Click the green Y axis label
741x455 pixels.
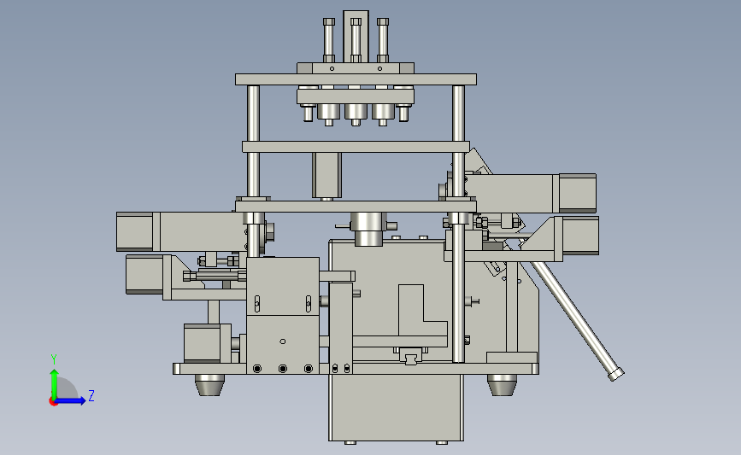pyautogui.click(x=54, y=359)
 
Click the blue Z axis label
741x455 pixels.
pyautogui.click(x=91, y=395)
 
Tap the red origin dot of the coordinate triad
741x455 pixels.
pyautogui.click(x=53, y=402)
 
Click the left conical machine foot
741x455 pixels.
pyautogui.click(x=209, y=385)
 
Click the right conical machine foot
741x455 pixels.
pyautogui.click(x=502, y=385)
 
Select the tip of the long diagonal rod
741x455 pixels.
pyautogui.click(x=616, y=376)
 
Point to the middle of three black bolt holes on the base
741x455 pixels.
pyautogui.click(x=283, y=368)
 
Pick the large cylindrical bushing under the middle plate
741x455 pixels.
pyautogui.click(x=368, y=229)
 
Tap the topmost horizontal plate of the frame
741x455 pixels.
pyautogui.click(x=356, y=79)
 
